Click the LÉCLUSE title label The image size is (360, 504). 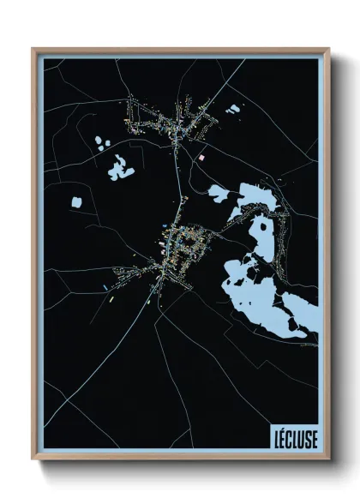[293, 438]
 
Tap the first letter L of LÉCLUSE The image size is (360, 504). [274, 438]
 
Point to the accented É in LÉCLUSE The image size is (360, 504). [281, 438]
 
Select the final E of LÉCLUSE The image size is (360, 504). [313, 438]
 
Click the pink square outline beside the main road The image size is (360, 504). [202, 158]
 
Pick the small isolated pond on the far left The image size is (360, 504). [76, 202]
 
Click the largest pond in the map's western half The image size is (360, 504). [121, 170]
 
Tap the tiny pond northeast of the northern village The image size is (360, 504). [232, 109]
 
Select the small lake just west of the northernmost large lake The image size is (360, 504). [219, 193]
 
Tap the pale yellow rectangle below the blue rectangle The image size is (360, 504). [111, 300]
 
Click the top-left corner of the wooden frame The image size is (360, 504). [33, 49]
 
